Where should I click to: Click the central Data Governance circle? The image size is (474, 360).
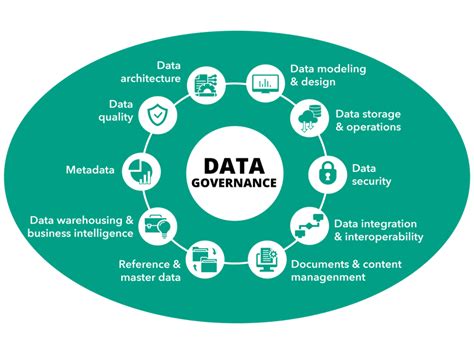coord(237,171)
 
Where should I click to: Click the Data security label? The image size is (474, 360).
coord(372,174)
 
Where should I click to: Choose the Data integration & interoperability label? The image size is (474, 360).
coord(378,230)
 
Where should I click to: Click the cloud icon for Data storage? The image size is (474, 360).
coord(305,118)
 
